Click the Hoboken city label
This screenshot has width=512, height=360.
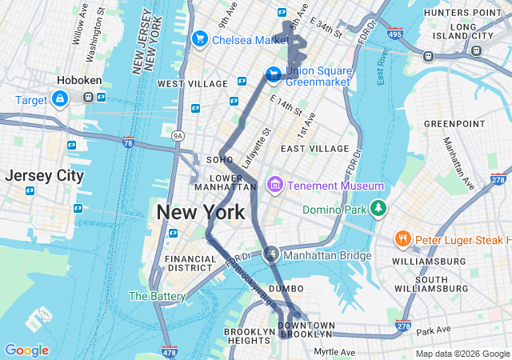[78, 81]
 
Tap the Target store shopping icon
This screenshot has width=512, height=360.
[59, 98]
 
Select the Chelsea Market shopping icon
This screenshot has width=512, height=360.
[199, 39]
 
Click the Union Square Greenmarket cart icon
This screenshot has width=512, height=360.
[274, 74]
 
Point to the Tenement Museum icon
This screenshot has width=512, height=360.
[275, 186]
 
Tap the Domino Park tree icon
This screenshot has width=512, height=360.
[378, 210]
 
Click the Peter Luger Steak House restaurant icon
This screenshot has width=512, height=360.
[402, 239]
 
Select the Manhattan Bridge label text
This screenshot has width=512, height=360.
[327, 255]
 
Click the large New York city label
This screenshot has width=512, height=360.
[200, 213]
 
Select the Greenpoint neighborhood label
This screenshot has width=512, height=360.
[450, 123]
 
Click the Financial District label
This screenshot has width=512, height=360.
[190, 265]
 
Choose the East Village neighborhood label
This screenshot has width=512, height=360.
[314, 148]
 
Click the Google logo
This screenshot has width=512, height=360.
[26, 350]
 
